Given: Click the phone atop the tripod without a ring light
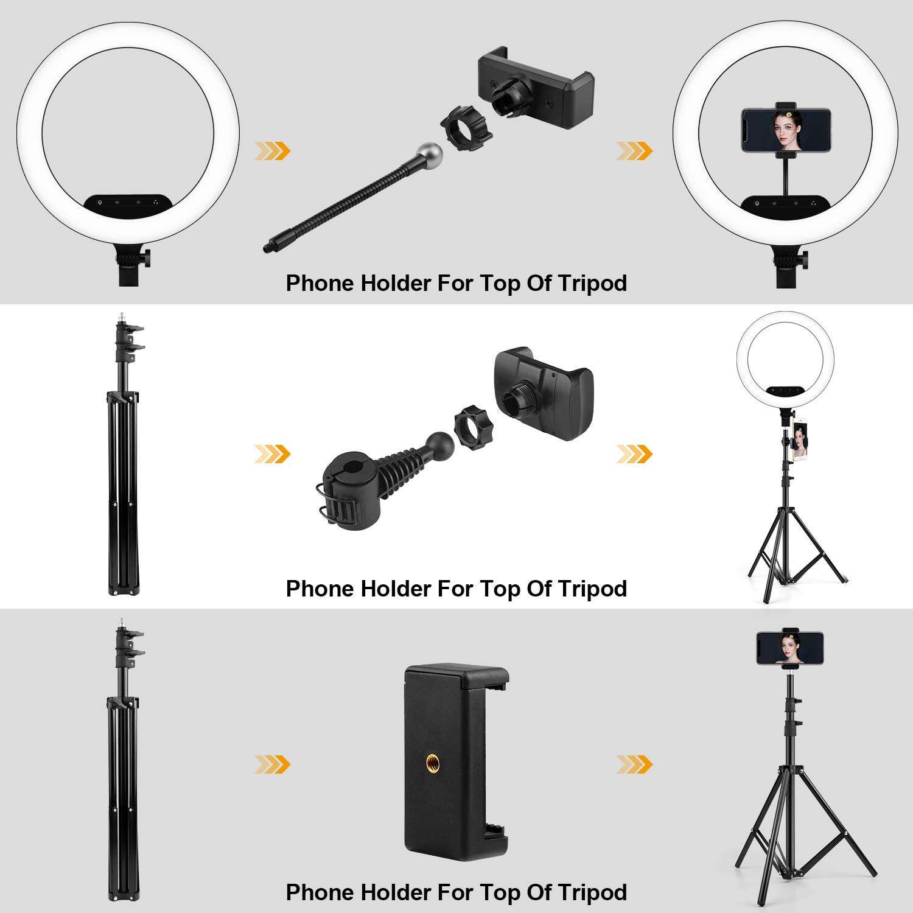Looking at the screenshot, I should pyautogui.click(x=790, y=648).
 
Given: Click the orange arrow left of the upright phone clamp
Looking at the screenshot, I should pyautogui.click(x=272, y=764).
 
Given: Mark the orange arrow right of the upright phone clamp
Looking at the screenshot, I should pyautogui.click(x=634, y=764).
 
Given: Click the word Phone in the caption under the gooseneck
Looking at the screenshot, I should pyautogui.click(x=320, y=284).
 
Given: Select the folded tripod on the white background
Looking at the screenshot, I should pyautogui.click(x=124, y=456).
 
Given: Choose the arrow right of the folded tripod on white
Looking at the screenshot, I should pyautogui.click(x=272, y=454).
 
